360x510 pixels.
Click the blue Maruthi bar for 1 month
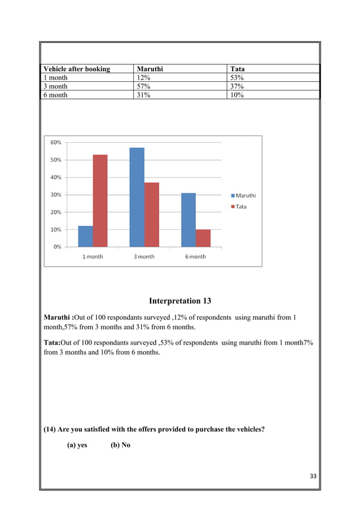(x=85, y=237)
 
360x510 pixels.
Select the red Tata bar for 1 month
(x=100, y=200)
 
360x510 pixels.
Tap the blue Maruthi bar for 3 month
(x=137, y=197)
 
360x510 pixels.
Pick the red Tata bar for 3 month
(x=152, y=215)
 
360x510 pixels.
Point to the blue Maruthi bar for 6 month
(x=188, y=220)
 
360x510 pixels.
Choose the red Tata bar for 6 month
(x=203, y=238)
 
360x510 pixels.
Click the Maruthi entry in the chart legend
(x=243, y=195)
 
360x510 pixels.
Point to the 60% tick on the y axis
(x=55, y=142)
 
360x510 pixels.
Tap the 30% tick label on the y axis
(x=55, y=195)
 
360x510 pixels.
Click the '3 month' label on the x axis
(x=144, y=256)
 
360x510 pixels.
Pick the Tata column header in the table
(x=238, y=69)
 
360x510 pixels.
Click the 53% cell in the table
(x=237, y=77)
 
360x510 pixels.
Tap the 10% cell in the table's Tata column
(x=237, y=95)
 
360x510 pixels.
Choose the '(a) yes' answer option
(x=77, y=445)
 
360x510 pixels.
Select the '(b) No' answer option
(x=120, y=445)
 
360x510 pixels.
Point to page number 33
(x=313, y=476)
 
